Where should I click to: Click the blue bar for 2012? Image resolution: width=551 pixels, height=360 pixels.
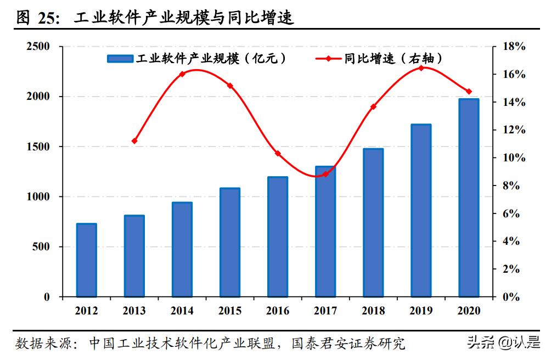pyautogui.click(x=86, y=260)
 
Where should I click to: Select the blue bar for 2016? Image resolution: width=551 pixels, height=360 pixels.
pyautogui.click(x=278, y=237)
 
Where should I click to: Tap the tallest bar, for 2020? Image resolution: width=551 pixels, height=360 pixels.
pyautogui.click(x=469, y=198)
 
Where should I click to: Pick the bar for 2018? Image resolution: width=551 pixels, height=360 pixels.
pyautogui.click(x=373, y=222)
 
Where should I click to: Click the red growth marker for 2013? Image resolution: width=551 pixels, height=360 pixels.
pyautogui.click(x=134, y=141)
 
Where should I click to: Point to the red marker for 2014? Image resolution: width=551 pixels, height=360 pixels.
pyautogui.click(x=182, y=74)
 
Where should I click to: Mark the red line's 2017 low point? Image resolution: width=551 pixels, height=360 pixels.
pyautogui.click(x=325, y=174)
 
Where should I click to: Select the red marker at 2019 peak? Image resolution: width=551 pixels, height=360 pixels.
pyautogui.click(x=421, y=68)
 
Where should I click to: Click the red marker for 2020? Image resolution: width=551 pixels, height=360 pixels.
pyautogui.click(x=469, y=92)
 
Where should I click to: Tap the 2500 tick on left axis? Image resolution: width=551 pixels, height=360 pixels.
pyautogui.click(x=38, y=47)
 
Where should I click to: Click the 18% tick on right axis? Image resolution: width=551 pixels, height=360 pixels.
pyautogui.click(x=514, y=47)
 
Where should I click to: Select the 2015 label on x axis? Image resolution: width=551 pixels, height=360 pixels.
pyautogui.click(x=230, y=311)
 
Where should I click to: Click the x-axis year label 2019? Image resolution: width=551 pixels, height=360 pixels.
pyautogui.click(x=421, y=311)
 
